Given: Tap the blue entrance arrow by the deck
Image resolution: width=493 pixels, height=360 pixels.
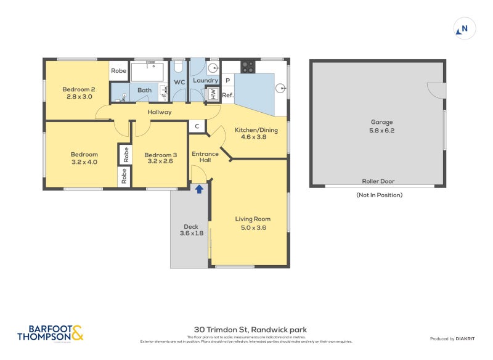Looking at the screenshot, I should point(199,189).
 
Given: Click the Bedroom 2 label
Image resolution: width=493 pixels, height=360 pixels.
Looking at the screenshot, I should point(78,89).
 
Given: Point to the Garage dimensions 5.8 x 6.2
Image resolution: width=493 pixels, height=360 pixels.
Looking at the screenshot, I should point(381,131).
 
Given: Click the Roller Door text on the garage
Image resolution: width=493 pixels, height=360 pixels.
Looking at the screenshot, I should point(378,181).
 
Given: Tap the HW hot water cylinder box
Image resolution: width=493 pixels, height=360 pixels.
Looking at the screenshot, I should point(213,94).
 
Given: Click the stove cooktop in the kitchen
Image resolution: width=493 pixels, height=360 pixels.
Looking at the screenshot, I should point(248,66).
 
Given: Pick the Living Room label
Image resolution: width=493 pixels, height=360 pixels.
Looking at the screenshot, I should point(253,219).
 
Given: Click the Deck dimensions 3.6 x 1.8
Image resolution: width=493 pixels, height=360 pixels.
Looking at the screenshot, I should point(191,234).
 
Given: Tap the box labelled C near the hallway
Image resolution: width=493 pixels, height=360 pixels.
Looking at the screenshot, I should point(197,126).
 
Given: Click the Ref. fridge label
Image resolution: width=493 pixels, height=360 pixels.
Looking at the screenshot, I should point(227,95).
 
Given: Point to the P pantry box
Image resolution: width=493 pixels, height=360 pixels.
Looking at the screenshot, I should point(227,80).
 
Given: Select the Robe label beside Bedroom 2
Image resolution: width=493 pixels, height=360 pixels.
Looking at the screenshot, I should point(119,71).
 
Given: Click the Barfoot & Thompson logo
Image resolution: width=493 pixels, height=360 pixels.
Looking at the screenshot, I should point(50,333).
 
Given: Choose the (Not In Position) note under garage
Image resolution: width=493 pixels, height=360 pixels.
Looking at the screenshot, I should point(379,195).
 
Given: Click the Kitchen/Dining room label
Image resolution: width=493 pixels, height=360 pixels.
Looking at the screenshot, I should point(256,130).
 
